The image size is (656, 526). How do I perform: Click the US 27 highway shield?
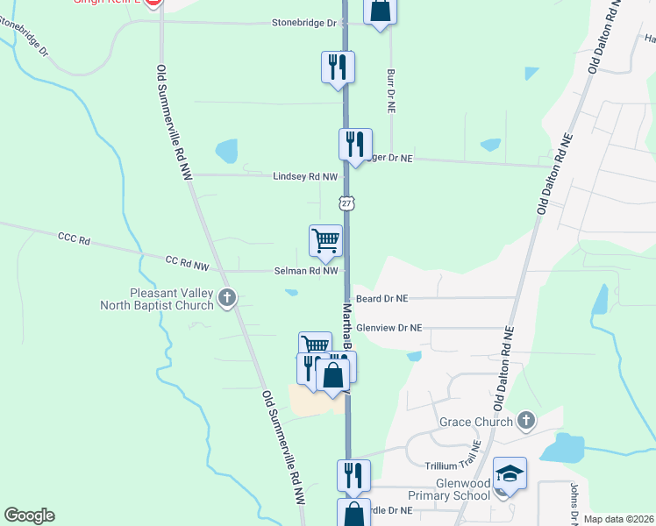(347, 203)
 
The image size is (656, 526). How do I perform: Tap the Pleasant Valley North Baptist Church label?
(171, 299)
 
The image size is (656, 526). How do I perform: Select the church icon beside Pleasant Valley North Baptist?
(227, 298)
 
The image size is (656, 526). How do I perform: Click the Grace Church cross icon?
(525, 421)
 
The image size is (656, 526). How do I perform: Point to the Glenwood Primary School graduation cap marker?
(510, 473)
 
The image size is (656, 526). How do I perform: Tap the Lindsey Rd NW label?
(305, 176)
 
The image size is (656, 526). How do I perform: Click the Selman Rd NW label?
(305, 271)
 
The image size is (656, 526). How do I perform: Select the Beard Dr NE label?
(381, 298)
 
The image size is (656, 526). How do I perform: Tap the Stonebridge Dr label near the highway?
(304, 23)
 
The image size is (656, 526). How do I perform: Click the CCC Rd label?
(75, 238)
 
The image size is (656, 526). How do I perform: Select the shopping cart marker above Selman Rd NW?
(325, 239)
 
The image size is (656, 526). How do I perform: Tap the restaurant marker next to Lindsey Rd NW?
(355, 144)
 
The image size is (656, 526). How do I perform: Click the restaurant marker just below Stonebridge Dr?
(338, 67)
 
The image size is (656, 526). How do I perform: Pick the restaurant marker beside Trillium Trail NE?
(353, 474)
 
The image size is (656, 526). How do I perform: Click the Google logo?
(29, 515)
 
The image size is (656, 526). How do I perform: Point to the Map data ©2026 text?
(618, 519)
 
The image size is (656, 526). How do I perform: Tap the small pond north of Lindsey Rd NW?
(227, 151)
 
